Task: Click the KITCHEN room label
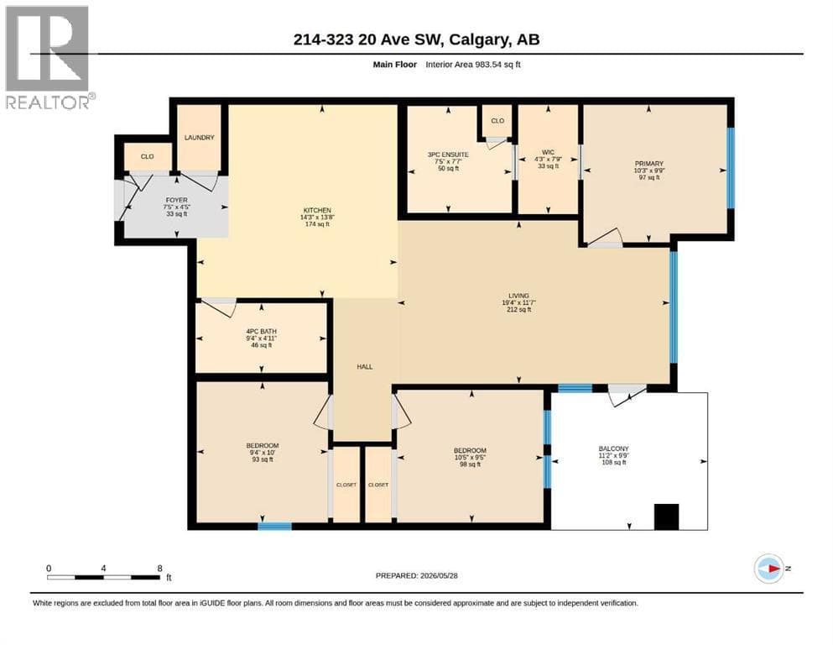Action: point(317,210)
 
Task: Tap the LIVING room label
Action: point(518,296)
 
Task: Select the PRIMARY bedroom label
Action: point(648,164)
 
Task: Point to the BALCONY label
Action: point(613,448)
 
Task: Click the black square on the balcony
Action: point(666,517)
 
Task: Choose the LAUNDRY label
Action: point(199,137)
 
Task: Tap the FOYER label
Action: point(176,200)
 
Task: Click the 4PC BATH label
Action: point(262,331)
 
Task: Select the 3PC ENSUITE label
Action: point(448,155)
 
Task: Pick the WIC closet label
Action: point(548,152)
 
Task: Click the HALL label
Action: point(364,367)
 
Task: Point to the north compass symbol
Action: point(769,569)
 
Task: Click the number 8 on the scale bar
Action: point(160,569)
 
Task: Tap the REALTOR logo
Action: point(49,57)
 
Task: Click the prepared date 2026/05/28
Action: point(439,575)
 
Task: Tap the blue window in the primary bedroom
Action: point(731,168)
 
